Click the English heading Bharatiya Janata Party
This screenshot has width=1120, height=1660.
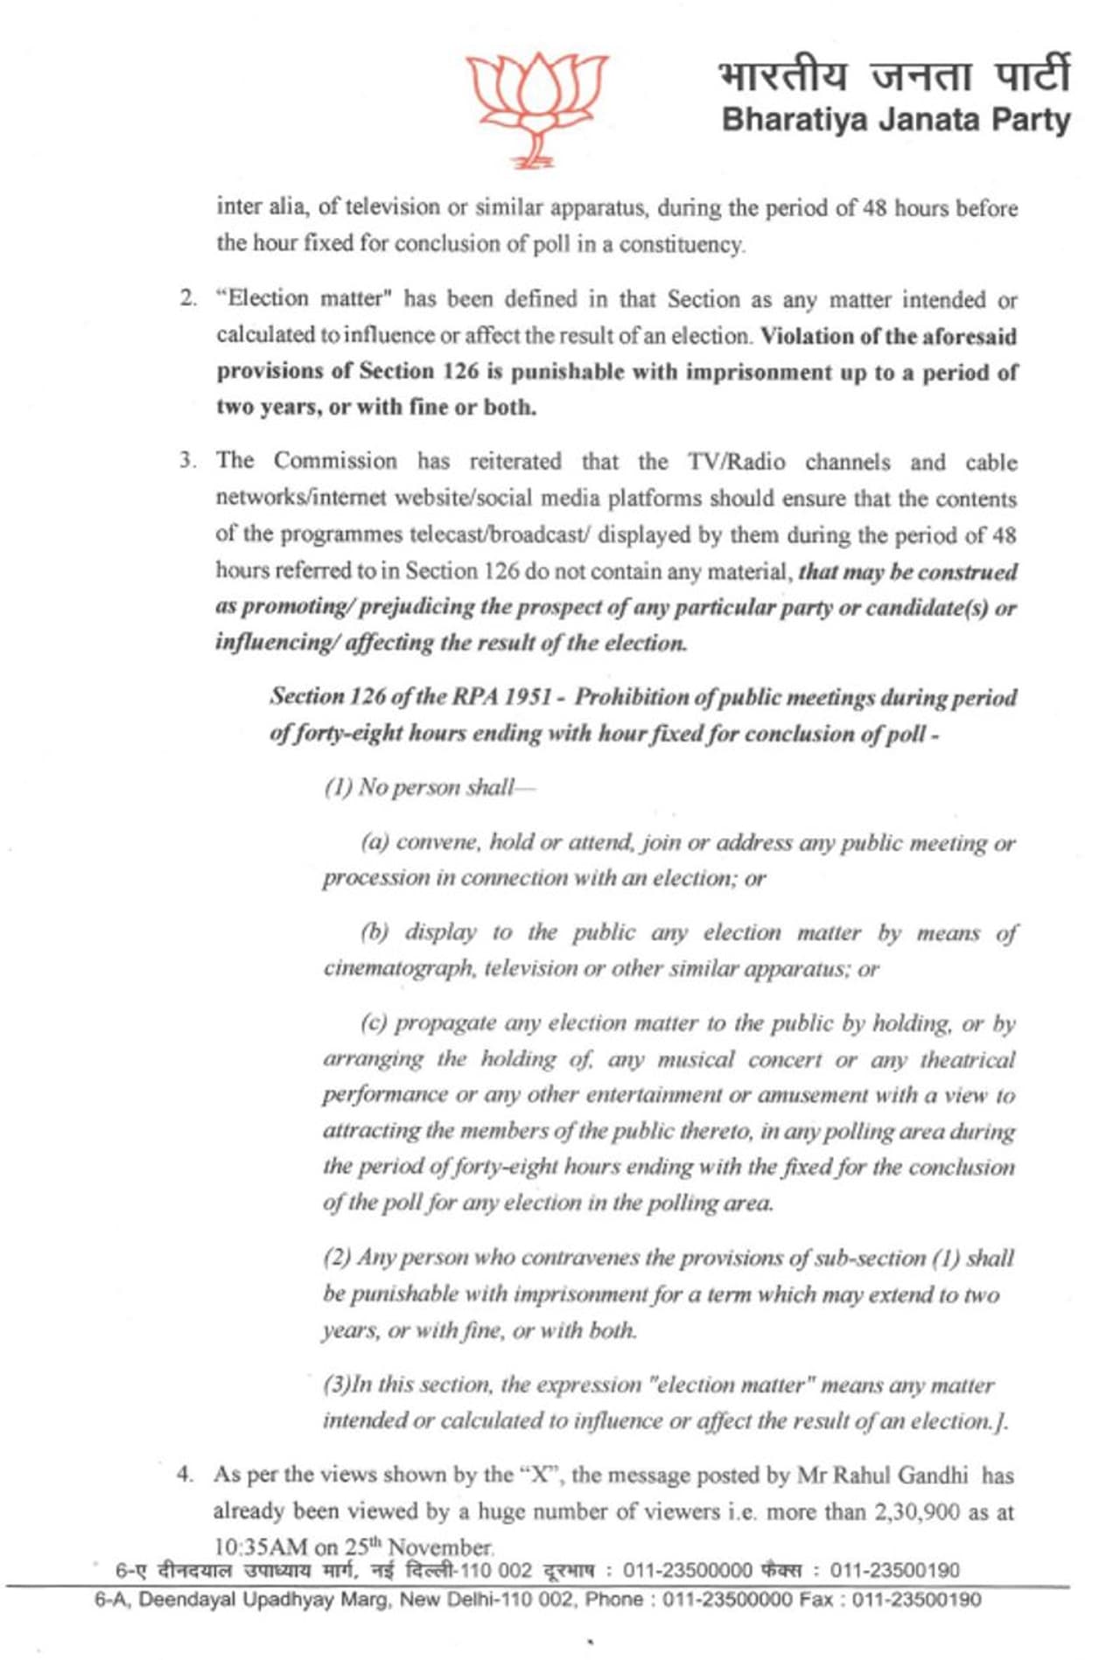(x=895, y=120)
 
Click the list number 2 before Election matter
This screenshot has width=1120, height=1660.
(x=189, y=298)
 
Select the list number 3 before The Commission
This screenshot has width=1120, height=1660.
(x=187, y=460)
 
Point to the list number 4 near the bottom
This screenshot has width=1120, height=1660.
(x=185, y=1475)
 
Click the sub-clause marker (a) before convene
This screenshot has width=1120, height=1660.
(x=375, y=842)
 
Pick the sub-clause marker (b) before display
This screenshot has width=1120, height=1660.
(x=375, y=932)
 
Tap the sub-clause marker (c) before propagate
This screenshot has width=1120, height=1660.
(x=374, y=1022)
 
